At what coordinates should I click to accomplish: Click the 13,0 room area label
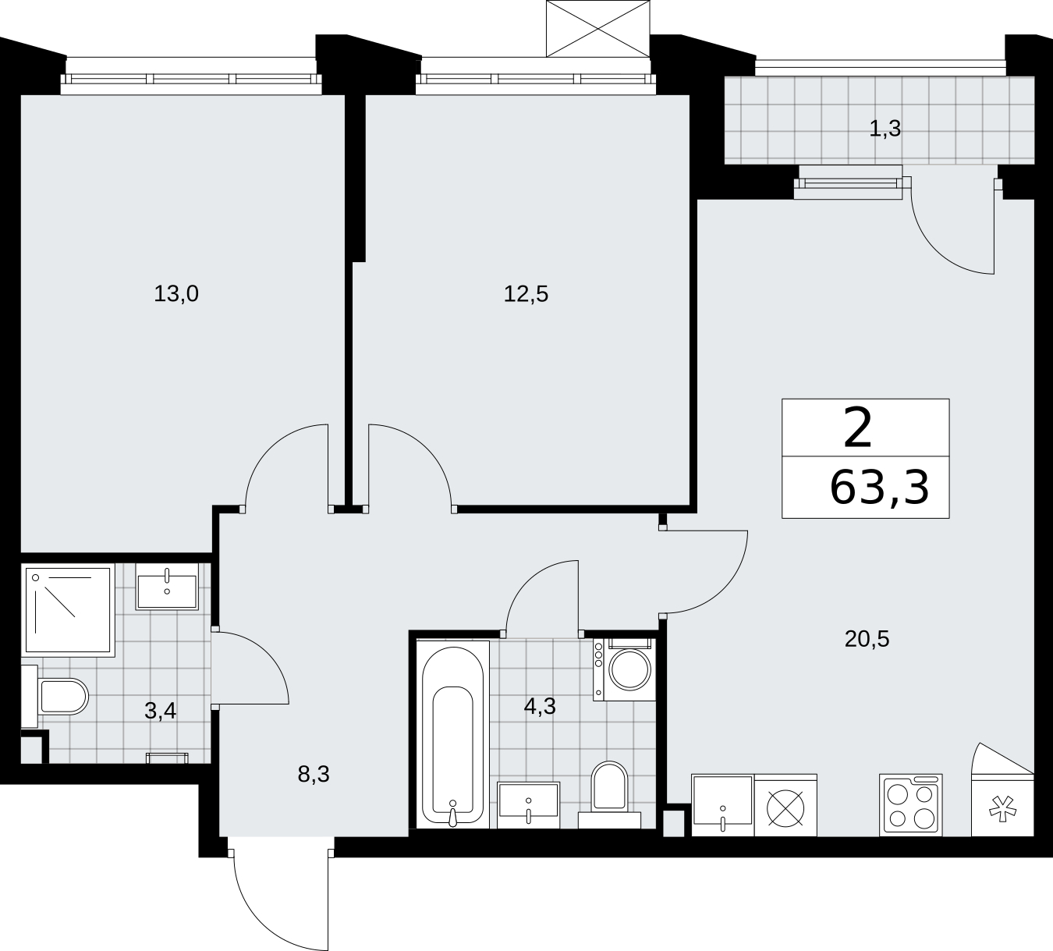176,294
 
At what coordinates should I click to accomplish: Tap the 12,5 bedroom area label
526,294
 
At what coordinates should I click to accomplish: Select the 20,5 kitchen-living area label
867,640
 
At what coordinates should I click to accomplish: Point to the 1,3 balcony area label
885,129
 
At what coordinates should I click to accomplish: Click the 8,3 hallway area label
314,774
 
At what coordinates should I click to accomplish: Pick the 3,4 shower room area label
160,711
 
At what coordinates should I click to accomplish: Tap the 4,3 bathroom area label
540,706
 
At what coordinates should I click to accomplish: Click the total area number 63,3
879,488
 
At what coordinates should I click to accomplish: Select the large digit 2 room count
858,428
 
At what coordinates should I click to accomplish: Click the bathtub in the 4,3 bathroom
453,734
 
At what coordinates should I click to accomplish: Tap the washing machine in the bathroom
625,669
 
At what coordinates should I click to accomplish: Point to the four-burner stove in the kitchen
911,804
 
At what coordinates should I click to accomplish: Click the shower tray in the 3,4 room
68,611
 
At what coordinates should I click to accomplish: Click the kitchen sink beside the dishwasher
723,804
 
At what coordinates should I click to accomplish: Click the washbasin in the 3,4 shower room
167,587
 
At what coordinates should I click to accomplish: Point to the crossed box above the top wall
598,28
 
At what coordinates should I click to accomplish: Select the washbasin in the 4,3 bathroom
529,805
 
